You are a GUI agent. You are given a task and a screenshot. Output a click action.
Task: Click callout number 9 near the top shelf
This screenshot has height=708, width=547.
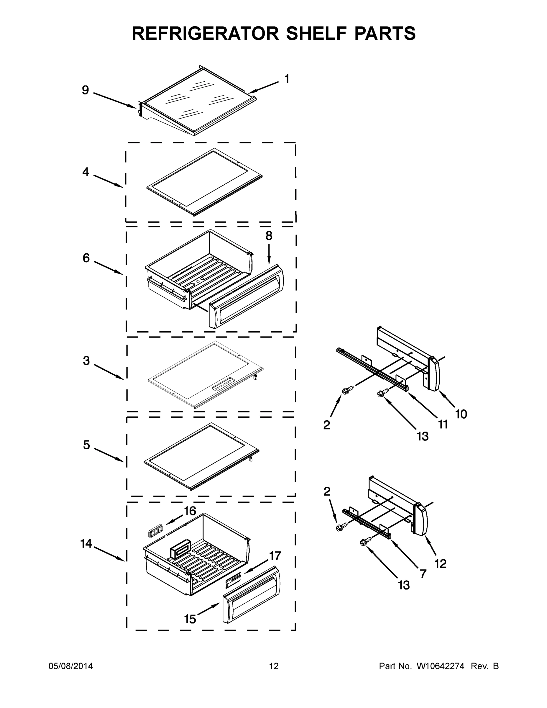point(85,90)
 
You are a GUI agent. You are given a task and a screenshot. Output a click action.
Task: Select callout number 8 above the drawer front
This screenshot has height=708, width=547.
point(269,236)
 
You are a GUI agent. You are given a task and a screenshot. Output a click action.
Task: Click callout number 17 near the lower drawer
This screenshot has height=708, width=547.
point(275,556)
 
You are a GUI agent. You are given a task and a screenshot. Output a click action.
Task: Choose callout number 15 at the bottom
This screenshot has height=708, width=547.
point(190,619)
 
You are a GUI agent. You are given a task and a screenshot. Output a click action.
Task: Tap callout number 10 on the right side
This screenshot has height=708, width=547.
point(461,414)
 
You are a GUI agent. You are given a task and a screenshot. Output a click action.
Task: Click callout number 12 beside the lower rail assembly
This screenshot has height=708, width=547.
point(440,564)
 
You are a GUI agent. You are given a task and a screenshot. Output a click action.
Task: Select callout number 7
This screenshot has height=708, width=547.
point(423,574)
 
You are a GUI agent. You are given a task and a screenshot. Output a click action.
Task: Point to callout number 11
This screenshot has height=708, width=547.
point(443,424)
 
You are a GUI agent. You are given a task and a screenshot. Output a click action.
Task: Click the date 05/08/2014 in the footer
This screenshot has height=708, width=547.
point(71,666)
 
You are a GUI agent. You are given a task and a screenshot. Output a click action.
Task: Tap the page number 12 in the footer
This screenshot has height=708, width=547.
point(274,666)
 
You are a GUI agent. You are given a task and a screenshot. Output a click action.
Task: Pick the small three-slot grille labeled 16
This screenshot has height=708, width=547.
point(154,532)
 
